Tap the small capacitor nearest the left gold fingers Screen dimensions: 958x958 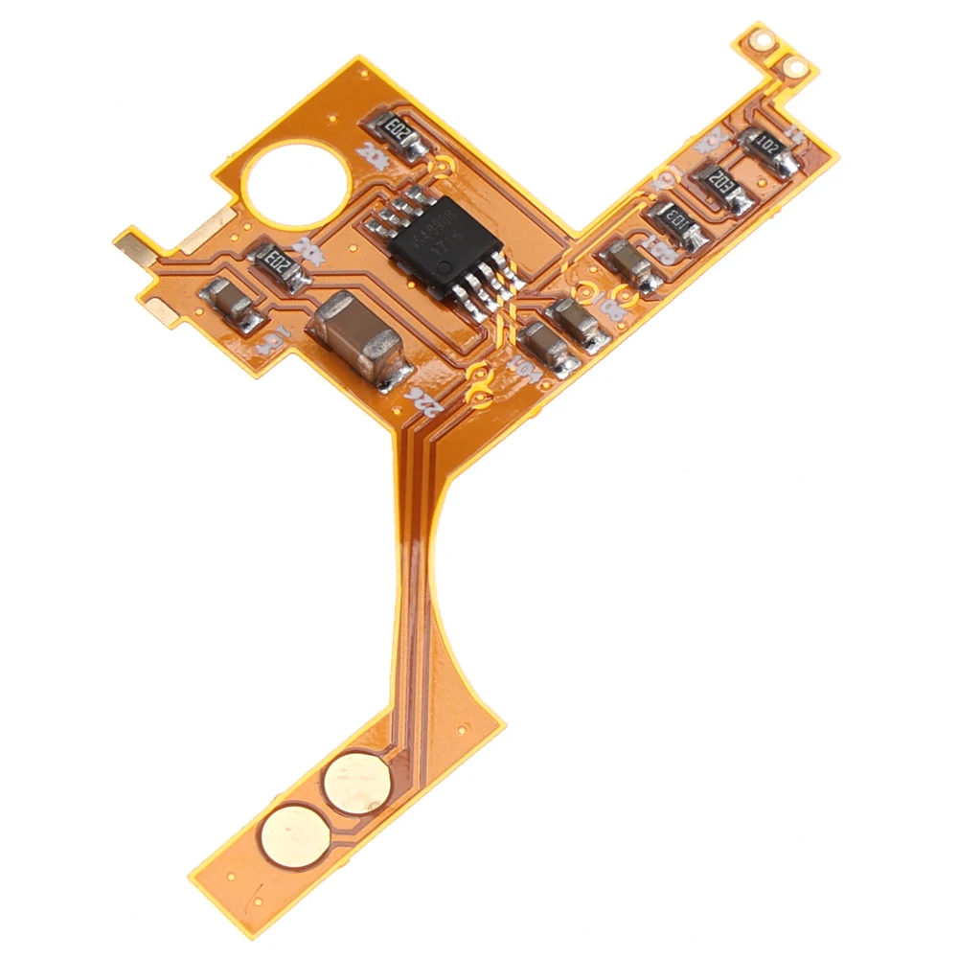click(x=229, y=305)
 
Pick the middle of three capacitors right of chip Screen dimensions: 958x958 click(x=581, y=323)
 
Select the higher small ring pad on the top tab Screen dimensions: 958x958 click(x=764, y=41)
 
